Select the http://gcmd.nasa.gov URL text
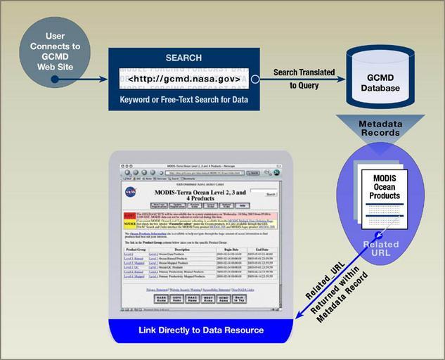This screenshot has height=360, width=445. [x=184, y=79]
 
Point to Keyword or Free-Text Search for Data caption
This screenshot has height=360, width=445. [x=183, y=100]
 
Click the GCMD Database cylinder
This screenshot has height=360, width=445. [x=380, y=78]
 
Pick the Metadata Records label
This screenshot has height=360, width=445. [x=380, y=128]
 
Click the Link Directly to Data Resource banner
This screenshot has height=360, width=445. [x=201, y=330]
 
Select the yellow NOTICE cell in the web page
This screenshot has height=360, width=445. [x=129, y=224]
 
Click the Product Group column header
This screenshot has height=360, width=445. [x=136, y=249]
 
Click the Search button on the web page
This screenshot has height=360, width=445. [x=262, y=193]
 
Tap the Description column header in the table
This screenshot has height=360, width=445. [x=182, y=249]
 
